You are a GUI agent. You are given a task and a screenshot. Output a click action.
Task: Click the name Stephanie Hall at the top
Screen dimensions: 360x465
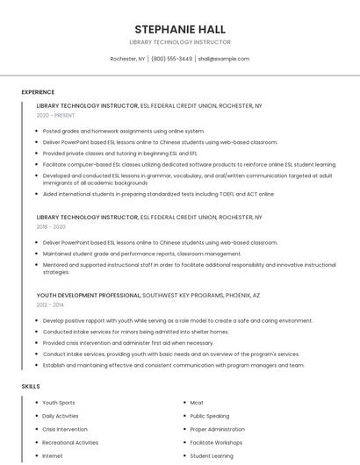(x=179, y=29)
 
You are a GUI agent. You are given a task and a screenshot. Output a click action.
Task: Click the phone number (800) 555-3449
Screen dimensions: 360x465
(x=171, y=59)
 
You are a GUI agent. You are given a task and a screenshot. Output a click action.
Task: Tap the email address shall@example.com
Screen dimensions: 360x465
(x=224, y=59)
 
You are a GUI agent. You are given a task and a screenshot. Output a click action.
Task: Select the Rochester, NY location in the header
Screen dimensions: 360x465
(x=127, y=59)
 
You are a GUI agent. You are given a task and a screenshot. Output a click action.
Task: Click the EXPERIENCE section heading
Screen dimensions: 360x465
(x=38, y=92)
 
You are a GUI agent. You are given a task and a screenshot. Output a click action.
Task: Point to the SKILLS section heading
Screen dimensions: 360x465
(x=30, y=386)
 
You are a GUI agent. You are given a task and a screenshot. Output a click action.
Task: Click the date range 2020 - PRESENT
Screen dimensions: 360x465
(x=56, y=115)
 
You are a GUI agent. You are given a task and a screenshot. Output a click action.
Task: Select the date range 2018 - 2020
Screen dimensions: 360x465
(x=51, y=226)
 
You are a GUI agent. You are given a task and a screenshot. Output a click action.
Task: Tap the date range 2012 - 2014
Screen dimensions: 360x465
(x=50, y=304)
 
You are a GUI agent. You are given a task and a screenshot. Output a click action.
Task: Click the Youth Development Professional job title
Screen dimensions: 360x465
(x=88, y=295)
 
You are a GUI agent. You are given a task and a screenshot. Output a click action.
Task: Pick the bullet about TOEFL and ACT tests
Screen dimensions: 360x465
(x=158, y=194)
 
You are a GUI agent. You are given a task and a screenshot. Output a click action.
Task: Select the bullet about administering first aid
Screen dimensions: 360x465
(x=128, y=343)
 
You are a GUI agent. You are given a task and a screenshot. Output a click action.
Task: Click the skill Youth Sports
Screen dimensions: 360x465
(x=59, y=403)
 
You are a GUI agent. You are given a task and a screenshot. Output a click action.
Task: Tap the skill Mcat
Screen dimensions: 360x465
(x=197, y=403)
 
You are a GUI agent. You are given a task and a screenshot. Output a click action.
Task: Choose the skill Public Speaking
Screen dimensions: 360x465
(x=210, y=416)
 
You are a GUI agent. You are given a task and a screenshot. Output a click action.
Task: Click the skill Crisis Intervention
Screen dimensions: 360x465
(x=65, y=429)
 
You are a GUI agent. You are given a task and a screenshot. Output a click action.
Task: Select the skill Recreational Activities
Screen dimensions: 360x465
(x=70, y=443)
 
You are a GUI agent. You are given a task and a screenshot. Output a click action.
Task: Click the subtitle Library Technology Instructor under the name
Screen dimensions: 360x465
(x=179, y=41)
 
